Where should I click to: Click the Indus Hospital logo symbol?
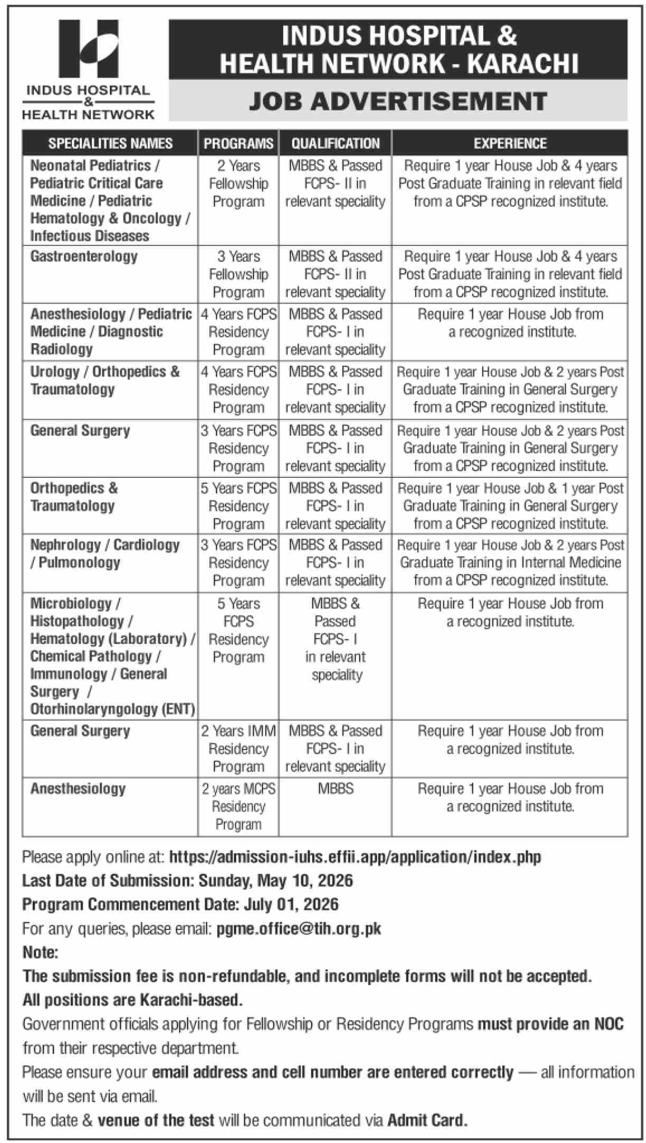coord(88,49)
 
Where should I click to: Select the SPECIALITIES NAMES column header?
coord(110,143)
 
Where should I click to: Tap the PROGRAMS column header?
coord(238,143)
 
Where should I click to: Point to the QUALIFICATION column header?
coord(335,143)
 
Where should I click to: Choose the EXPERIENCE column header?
coord(510,143)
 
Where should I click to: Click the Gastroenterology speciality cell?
coord(84,256)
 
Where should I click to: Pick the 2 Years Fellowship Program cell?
coord(238,183)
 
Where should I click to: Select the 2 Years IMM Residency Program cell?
coord(238,749)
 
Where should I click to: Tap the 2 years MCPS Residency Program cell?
coord(238,806)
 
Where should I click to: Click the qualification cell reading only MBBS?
coord(335,789)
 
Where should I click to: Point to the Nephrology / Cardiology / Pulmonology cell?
coord(105,554)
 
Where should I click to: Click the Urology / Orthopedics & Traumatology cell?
coord(105,381)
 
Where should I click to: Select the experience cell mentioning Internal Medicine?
coord(510,563)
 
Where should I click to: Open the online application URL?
coord(355,857)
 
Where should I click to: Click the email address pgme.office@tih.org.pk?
coord(298,928)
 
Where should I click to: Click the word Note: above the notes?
coord(40,952)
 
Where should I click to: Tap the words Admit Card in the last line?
coord(427,1120)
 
